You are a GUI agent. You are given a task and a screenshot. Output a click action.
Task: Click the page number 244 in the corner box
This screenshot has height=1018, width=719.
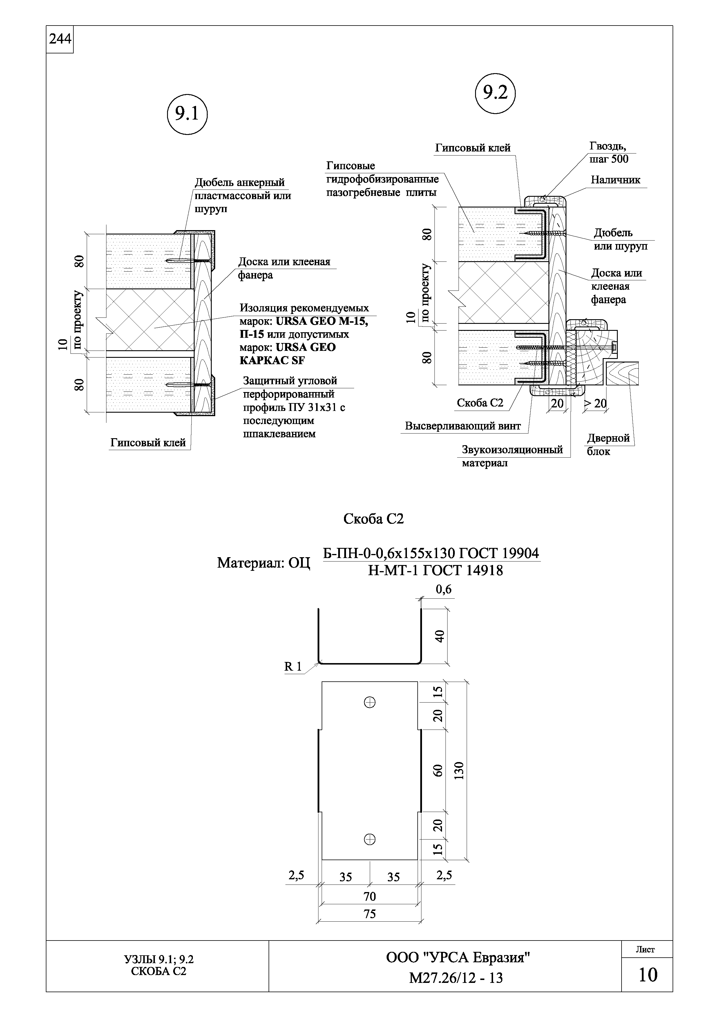[60, 39]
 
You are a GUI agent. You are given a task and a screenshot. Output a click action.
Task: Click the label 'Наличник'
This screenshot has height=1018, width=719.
[615, 180]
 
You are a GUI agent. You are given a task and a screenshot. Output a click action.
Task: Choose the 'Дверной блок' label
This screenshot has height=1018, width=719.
[608, 445]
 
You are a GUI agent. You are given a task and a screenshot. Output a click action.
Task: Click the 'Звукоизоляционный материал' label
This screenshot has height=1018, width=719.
[512, 456]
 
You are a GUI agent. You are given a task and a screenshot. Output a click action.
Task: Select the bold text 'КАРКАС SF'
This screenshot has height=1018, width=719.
[272, 360]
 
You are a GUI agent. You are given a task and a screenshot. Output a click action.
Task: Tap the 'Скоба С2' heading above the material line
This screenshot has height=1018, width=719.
[374, 519]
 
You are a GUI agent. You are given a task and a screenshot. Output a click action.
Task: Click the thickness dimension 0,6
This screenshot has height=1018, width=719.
[443, 589]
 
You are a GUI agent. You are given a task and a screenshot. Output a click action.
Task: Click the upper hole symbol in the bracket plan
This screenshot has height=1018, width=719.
[370, 702]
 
